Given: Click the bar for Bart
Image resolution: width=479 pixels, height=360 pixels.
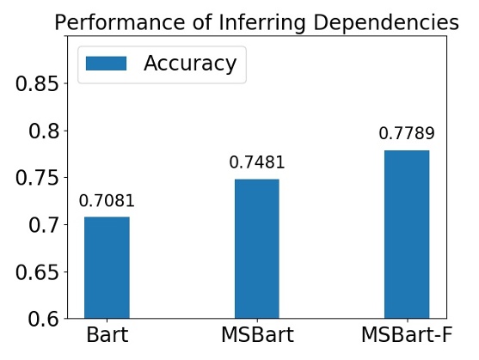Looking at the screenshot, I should tap(107, 267).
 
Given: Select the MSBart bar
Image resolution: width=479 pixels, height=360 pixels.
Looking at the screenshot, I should tap(257, 249).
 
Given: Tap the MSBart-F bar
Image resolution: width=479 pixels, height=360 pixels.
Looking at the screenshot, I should tap(407, 235).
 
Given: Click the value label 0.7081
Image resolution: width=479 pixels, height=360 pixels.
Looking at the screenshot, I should tap(107, 202).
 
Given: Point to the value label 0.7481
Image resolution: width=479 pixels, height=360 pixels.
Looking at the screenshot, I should tap(257, 163).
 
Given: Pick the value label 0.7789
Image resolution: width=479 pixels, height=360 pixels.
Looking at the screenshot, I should tap(407, 134).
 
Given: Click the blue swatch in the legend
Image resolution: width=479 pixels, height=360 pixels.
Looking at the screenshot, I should tap(106, 64).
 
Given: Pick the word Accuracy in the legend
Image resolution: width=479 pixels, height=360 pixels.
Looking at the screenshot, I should tap(190, 64).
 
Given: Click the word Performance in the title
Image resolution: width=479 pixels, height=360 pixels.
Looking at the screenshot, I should tap(107, 23).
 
